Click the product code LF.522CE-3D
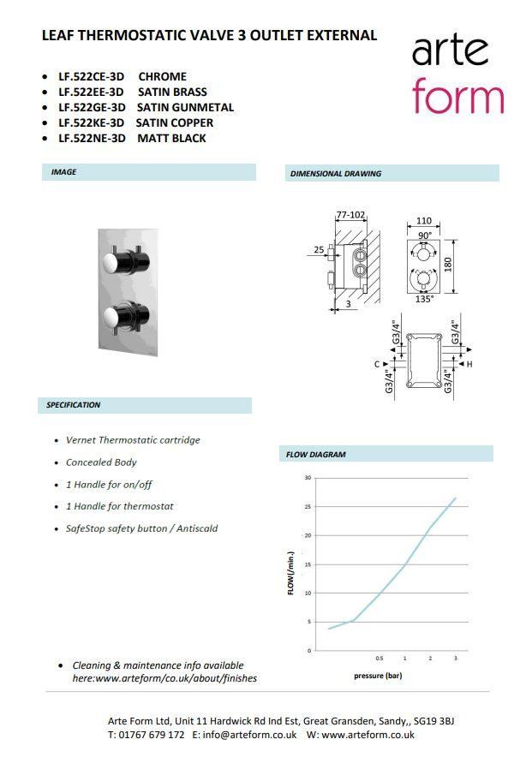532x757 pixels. pyautogui.click(x=91, y=76)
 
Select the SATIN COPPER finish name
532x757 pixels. pyautogui.click(x=175, y=122)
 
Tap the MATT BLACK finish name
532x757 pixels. pyautogui.click(x=171, y=138)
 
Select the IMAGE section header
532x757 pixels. pyautogui.click(x=64, y=172)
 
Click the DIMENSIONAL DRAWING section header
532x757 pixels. pyautogui.click(x=336, y=173)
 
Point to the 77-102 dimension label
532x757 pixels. pyautogui.click(x=350, y=215)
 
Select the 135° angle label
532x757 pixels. pyautogui.click(x=424, y=299)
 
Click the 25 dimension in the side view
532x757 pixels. pyautogui.click(x=319, y=250)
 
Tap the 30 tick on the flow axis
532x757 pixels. pyautogui.click(x=308, y=477)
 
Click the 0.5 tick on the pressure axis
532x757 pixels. pyautogui.click(x=379, y=658)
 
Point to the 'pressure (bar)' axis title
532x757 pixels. pyautogui.click(x=378, y=676)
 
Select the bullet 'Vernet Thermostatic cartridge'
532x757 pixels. pyautogui.click(x=133, y=440)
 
